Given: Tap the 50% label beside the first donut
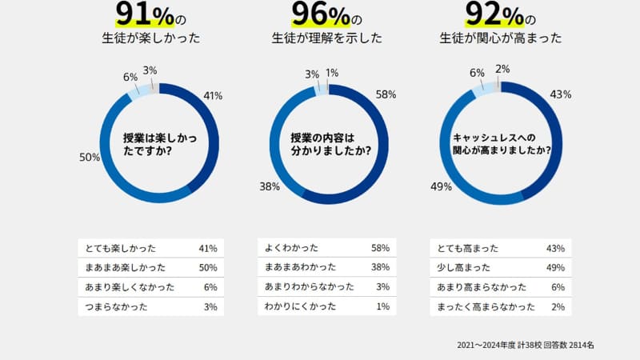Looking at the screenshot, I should (x=89, y=158).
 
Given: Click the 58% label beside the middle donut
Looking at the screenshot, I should (x=386, y=94).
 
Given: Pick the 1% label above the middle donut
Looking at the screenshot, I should (x=332, y=73).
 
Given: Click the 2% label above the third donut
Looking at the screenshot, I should (x=502, y=69).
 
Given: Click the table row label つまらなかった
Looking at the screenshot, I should (x=111, y=306).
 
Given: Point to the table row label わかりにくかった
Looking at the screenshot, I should (x=294, y=306).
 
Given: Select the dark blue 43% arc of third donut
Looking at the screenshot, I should (x=552, y=136).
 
